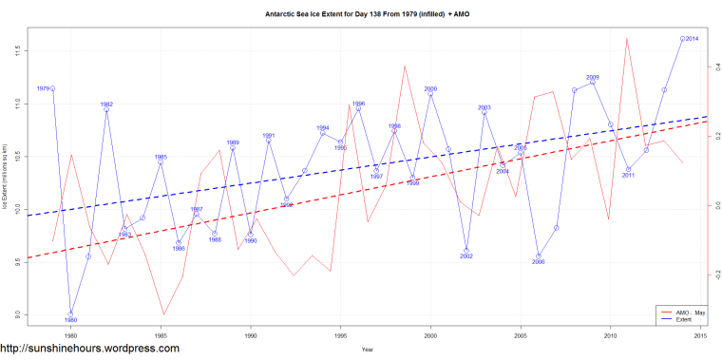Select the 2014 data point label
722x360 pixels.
click(x=692, y=38)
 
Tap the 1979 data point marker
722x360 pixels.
click(x=52, y=88)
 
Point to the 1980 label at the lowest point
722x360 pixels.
click(x=70, y=321)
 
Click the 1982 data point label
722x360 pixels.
click(x=106, y=104)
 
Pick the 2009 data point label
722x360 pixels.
click(x=593, y=77)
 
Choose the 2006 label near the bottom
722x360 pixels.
click(x=539, y=262)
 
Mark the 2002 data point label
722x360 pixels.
click(x=466, y=256)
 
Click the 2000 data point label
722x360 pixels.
click(x=430, y=88)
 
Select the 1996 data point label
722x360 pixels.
click(x=358, y=104)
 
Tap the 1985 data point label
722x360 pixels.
click(x=161, y=157)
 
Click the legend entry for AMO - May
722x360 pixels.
click(x=685, y=312)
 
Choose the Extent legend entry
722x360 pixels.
click(x=679, y=319)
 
